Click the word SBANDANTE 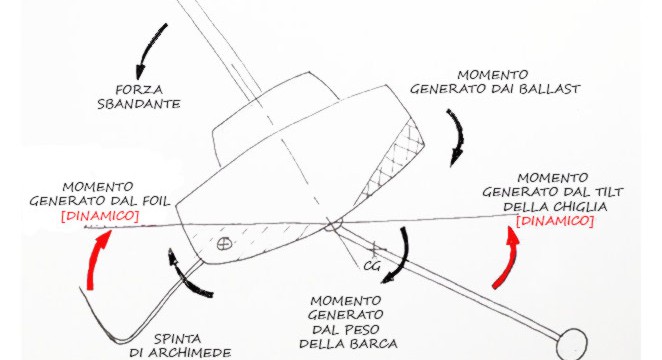[x=139, y=104]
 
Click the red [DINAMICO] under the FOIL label [x=100, y=216]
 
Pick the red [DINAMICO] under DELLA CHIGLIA [x=555, y=221]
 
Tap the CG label [x=372, y=267]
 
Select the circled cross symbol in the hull [x=224, y=244]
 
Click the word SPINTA [x=177, y=339]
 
